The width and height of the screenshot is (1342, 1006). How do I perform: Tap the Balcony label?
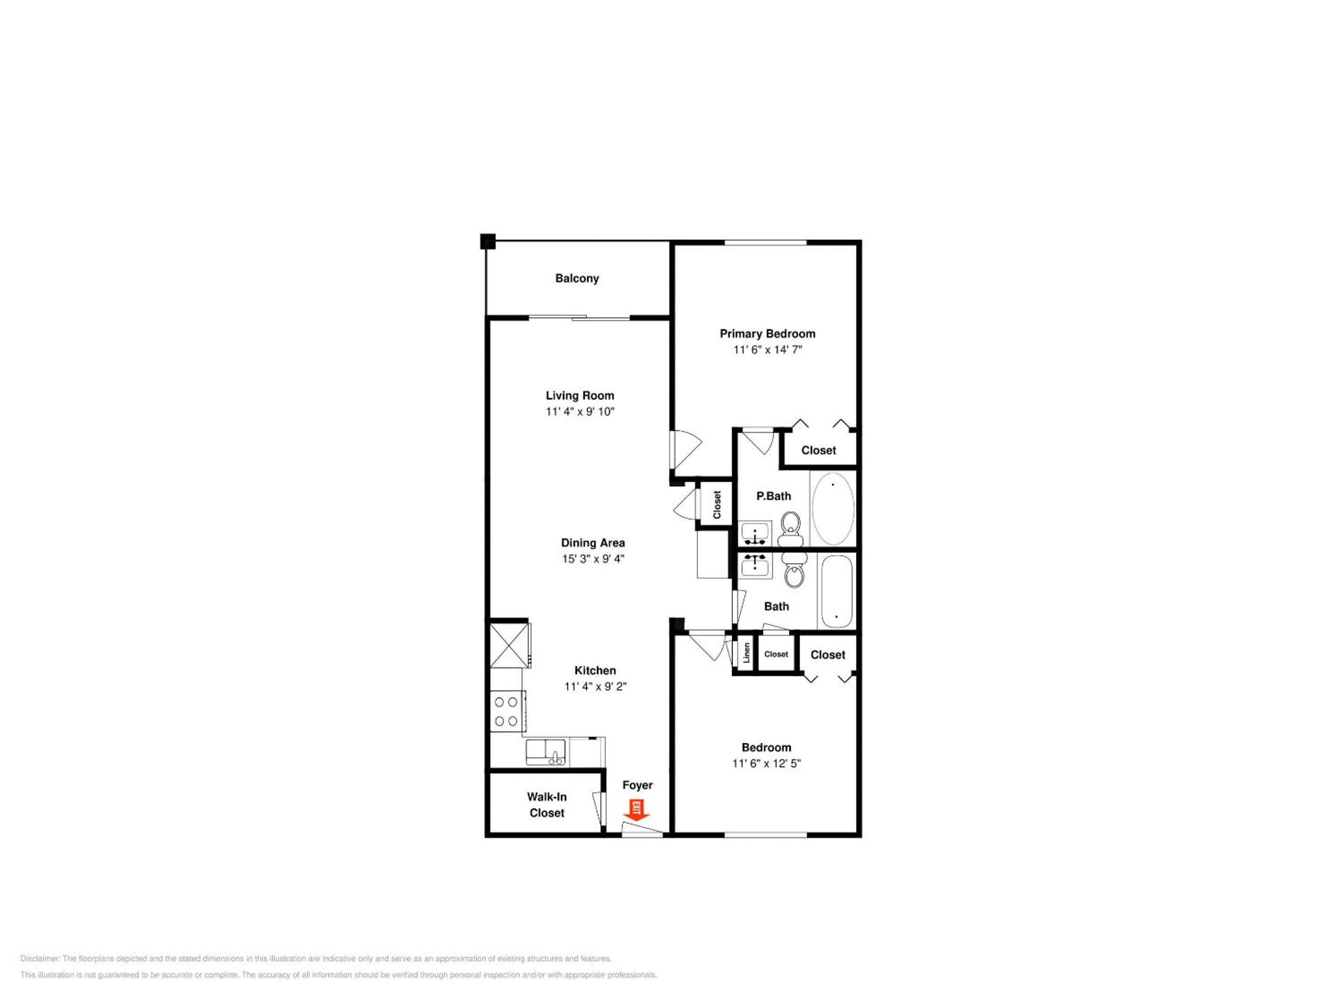click(577, 279)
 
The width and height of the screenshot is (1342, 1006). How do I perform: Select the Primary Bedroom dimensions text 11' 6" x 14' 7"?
click(767, 350)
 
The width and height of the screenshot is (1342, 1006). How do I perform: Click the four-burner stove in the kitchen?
click(507, 711)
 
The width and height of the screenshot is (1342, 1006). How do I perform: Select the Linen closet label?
click(747, 653)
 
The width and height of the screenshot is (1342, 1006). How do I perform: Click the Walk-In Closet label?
click(547, 805)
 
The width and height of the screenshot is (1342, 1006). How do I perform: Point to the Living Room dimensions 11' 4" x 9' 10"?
click(580, 412)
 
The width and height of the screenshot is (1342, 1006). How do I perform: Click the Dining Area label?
click(593, 543)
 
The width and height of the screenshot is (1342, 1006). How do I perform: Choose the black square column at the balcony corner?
click(488, 241)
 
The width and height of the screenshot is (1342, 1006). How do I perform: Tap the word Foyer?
click(637, 785)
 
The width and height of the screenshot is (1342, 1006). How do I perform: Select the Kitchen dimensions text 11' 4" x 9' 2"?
click(595, 687)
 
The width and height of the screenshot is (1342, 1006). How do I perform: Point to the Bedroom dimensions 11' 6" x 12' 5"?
click(766, 763)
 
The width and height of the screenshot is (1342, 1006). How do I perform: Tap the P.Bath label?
click(774, 496)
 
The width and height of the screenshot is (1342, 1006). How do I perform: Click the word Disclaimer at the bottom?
click(40, 958)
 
